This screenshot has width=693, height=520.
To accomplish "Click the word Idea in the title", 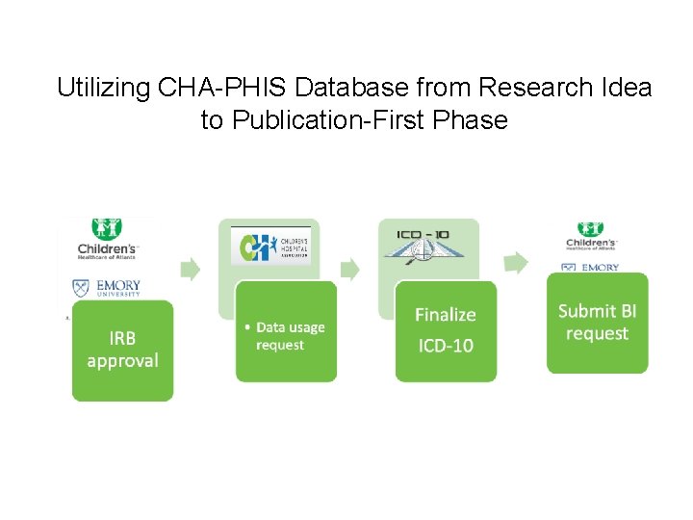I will (626, 89).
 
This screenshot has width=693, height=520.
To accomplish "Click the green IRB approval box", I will (122, 351).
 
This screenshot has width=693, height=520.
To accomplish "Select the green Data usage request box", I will (286, 331).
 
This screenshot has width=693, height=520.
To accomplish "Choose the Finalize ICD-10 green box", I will (445, 330).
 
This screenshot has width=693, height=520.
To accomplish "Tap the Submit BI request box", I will (597, 323).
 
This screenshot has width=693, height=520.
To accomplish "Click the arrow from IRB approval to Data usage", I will (191, 270).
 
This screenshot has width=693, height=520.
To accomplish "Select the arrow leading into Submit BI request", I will (516, 261).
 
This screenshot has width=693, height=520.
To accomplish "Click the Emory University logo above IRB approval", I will (107, 288).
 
